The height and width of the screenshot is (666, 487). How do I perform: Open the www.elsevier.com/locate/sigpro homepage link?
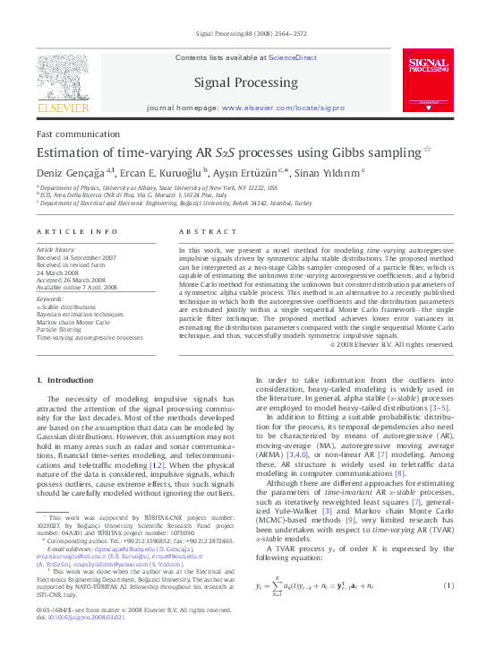coord(283,108)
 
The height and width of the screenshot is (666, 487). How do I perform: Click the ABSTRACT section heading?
coord(209,231)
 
